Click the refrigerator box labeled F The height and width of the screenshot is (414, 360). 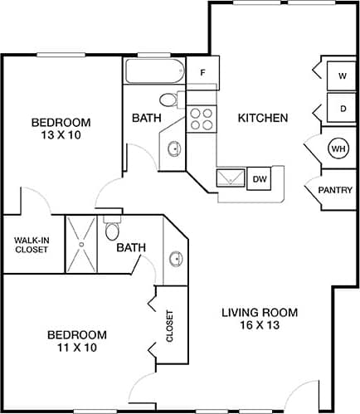click(x=202, y=72)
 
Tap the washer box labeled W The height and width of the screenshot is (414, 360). click(x=342, y=75)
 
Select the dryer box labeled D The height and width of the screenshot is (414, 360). click(x=342, y=108)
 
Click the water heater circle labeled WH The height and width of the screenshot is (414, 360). click(x=338, y=149)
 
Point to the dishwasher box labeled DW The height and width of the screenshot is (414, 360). click(x=260, y=178)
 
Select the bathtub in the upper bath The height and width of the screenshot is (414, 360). click(x=154, y=71)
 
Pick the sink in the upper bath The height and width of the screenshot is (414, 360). click(x=174, y=149)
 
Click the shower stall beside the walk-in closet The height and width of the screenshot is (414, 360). click(x=82, y=244)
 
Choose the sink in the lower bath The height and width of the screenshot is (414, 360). click(x=176, y=259)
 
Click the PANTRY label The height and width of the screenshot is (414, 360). click(x=335, y=191)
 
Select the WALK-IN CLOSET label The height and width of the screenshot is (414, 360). click(x=32, y=245)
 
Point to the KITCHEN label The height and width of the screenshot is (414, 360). click(x=263, y=118)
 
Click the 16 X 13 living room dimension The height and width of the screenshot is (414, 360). click(x=259, y=325)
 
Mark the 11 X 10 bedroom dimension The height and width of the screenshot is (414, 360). click(x=76, y=348)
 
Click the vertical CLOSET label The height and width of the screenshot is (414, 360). click(x=170, y=328)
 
